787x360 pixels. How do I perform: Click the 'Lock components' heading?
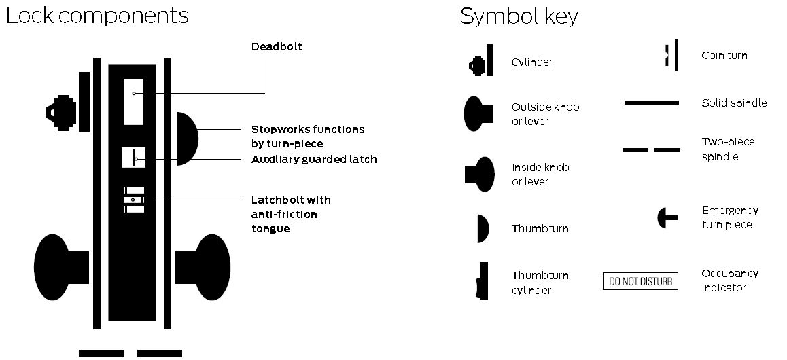pos(97,16)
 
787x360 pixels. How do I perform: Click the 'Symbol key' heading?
pos(519,16)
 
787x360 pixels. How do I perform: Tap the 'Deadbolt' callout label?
pos(277,47)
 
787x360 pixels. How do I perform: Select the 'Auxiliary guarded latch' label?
pos(314,159)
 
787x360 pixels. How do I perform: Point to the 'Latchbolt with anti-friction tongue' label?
pos(291,214)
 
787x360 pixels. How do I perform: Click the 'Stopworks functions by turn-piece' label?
pos(308,136)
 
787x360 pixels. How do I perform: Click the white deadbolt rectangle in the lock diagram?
pos(133,101)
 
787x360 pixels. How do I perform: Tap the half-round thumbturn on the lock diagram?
pos(186,139)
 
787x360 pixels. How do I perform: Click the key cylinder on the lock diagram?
pos(67,109)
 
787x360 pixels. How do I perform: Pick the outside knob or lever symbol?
pos(478,113)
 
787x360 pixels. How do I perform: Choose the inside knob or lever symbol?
pos(480,175)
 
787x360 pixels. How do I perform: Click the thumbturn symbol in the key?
pos(483,228)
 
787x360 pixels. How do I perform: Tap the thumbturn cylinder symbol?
pos(483,281)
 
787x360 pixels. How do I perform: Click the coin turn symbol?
pos(672,54)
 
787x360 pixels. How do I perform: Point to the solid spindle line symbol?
pos(651,103)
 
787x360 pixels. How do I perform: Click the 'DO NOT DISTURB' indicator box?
pos(640,281)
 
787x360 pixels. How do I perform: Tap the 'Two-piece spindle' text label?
pos(728,149)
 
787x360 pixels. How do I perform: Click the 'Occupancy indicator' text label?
pos(729,280)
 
